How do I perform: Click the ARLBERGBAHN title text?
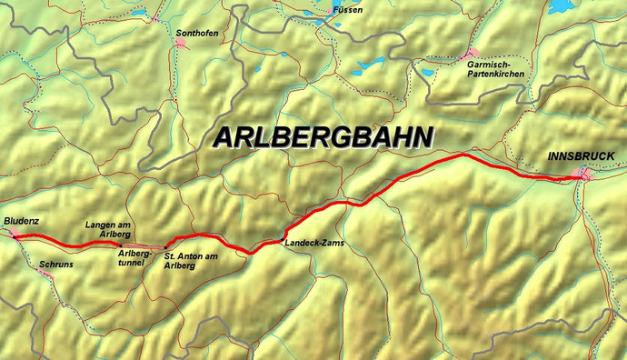tap(323, 137)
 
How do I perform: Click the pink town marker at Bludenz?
tap(15, 234)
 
